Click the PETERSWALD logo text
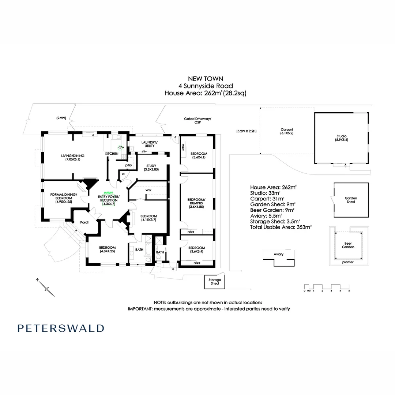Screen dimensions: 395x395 (x=61, y=328)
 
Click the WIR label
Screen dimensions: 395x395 (x=148, y=191)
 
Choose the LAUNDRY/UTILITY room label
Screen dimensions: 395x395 (x=149, y=144)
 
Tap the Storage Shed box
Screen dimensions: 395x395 (x=215, y=282)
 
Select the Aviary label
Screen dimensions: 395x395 (x=279, y=254)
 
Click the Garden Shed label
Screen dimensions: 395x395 (x=351, y=200)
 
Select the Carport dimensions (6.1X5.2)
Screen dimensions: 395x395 (x=287, y=133)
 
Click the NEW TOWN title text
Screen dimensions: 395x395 (x=205, y=78)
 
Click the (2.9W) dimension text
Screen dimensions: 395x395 (x=61, y=118)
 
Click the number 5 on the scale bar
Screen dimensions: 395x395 (x=349, y=291)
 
